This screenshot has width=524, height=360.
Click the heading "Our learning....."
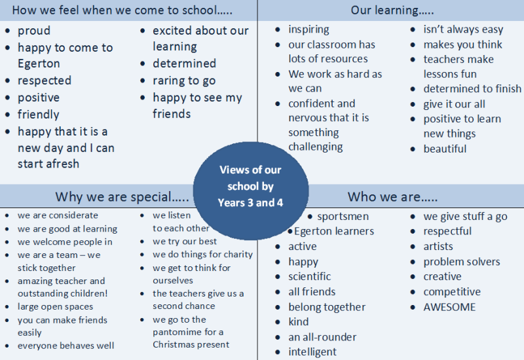coord(392,10)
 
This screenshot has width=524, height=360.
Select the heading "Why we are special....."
coord(122,197)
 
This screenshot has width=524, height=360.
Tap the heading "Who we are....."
coord(392,197)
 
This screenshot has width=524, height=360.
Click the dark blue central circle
coord(251,190)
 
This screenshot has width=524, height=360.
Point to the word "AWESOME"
coord(449,307)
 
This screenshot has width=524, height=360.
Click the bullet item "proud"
coord(34,31)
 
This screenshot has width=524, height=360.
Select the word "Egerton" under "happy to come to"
coord(39,63)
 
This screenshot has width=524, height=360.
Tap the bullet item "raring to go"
coord(184,81)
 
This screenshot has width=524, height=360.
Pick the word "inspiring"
coord(309,29)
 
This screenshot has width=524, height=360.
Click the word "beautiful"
coord(445,149)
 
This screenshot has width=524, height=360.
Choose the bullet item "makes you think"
coord(463,45)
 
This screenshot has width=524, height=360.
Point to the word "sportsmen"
coord(343,217)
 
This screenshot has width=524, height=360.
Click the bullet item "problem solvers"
coord(462,262)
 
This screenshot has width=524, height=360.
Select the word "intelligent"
coord(312,352)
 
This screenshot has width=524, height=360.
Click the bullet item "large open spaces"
coord(55,307)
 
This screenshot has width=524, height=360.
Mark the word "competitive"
coord(452,292)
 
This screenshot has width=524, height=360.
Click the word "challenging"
coord(316,147)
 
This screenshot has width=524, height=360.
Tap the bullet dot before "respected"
coord(8,81)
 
